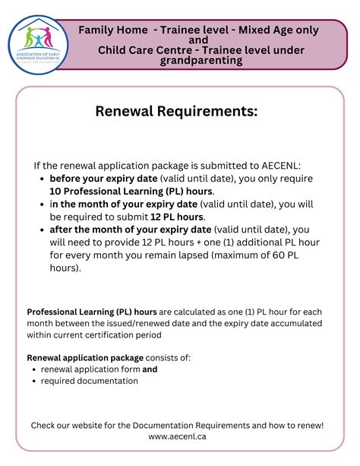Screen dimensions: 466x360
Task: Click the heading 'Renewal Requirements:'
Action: [176, 112]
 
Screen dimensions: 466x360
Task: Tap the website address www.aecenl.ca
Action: [178, 436]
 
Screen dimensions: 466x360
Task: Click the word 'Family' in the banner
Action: [101, 30]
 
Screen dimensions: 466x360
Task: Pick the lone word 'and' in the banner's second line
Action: [198, 40]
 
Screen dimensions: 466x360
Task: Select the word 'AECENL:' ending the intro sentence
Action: [279, 166]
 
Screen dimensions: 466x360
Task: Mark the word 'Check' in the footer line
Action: [44, 425]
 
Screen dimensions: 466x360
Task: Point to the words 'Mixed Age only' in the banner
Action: [279, 30]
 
